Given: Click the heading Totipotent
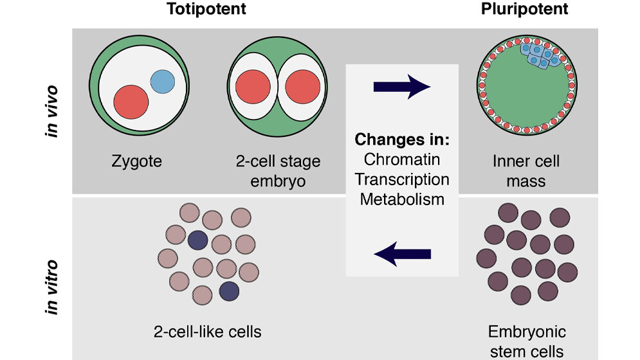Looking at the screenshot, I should tap(206, 10).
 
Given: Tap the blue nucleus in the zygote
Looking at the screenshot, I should tap(162, 80).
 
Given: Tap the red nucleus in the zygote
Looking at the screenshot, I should tap(131, 101).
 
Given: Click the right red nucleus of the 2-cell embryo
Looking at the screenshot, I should tap(302, 87).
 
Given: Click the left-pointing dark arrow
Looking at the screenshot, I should tap(402, 255).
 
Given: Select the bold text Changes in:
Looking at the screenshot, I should tap(401, 139).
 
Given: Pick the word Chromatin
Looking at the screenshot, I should tap(401, 159).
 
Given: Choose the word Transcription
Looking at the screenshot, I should tap(402, 179).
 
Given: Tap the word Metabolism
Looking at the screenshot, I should tap(402, 199).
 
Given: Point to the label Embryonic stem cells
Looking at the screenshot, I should tap(526, 341).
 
